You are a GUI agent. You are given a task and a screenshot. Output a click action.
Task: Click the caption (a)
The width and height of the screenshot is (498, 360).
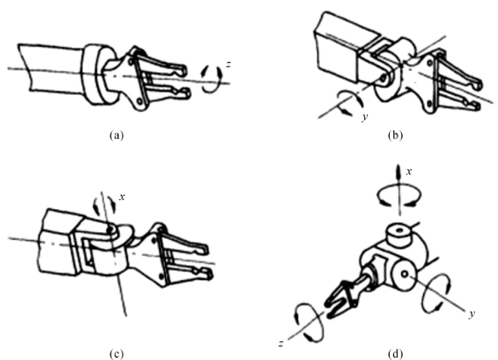[x=117, y=135]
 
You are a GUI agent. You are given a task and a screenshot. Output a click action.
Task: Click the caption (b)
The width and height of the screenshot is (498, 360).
[x=395, y=135]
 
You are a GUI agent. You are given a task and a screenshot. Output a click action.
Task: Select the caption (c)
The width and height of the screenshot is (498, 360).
[x=117, y=353]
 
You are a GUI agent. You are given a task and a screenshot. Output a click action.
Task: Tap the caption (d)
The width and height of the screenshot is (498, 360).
[x=395, y=353]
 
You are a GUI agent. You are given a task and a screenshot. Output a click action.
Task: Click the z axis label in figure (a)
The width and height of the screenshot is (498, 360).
[x=228, y=65]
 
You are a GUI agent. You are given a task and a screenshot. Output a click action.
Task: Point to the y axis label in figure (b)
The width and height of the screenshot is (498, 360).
[x=365, y=117]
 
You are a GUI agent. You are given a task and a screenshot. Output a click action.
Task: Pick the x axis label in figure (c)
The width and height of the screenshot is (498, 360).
[x=122, y=197]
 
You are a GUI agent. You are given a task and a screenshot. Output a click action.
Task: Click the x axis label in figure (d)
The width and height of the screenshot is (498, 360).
[x=409, y=172]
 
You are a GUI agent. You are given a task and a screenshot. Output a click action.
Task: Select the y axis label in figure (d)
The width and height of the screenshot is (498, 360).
[x=472, y=314]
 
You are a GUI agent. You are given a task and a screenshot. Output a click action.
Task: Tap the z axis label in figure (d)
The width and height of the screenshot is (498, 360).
[x=281, y=343]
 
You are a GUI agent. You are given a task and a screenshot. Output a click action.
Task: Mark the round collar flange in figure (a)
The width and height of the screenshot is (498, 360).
[x=95, y=75]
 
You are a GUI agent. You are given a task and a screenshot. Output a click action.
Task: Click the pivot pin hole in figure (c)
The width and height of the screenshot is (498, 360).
[x=111, y=229]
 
